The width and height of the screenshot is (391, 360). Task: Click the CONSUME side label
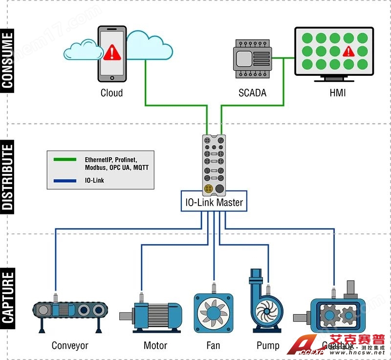pyautogui.click(x=8, y=60)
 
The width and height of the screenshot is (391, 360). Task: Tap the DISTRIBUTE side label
pyautogui.click(x=8, y=175)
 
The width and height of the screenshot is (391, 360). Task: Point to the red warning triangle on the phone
pyautogui.click(x=112, y=51)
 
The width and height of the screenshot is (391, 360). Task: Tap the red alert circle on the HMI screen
pyautogui.click(x=348, y=51)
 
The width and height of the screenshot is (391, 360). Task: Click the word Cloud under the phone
pyautogui.click(x=111, y=93)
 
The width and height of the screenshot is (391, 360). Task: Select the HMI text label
pyautogui.click(x=337, y=93)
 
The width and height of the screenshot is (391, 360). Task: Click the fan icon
pyautogui.click(x=213, y=313)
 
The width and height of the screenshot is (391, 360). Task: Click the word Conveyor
pyautogui.click(x=70, y=346)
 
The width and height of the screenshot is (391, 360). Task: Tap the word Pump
pyautogui.click(x=268, y=346)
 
